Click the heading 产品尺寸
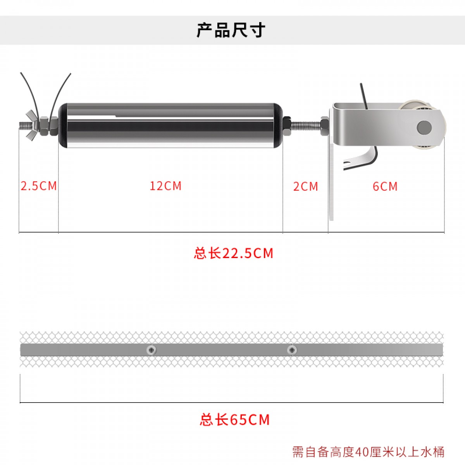point(231,30)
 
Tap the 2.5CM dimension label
point(39,186)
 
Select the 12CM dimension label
point(165,186)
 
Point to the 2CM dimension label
point(305,186)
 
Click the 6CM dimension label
point(385,186)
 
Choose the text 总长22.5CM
point(233,253)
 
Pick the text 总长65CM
point(234,420)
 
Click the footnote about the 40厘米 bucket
point(368,452)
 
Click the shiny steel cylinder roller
point(170,126)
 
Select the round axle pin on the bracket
point(424,127)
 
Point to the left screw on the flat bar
point(152,350)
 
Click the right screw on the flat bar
point(292,350)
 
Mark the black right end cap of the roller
point(278,126)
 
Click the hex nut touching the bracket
point(325,126)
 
